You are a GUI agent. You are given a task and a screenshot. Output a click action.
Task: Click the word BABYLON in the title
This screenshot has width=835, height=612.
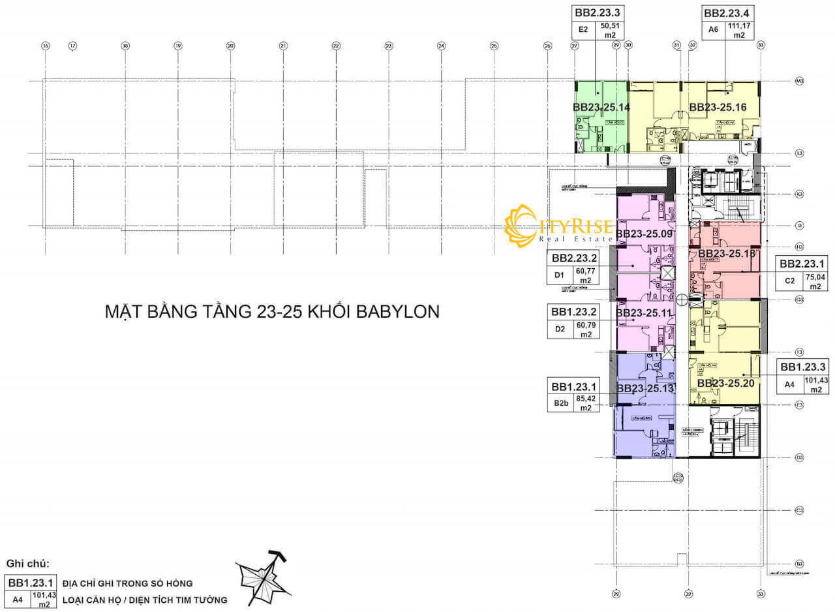(x=398, y=311)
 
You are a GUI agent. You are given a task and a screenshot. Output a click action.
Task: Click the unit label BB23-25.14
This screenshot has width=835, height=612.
(x=601, y=106)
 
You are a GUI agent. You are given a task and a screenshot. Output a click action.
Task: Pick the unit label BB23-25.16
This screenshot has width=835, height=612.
(x=718, y=106)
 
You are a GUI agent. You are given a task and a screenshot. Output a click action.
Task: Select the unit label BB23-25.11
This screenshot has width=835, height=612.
(x=644, y=313)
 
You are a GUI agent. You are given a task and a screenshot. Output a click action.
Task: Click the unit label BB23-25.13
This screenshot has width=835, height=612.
(x=645, y=388)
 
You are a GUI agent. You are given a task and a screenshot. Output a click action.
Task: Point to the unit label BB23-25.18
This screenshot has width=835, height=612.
(x=726, y=253)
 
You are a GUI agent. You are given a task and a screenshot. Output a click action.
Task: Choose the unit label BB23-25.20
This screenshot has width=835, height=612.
(x=725, y=383)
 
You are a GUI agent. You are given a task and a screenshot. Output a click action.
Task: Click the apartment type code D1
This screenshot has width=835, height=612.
(x=559, y=275)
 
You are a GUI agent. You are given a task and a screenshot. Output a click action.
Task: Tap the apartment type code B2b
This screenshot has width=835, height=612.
(x=561, y=403)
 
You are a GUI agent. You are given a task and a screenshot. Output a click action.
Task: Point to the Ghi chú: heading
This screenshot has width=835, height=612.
(x=27, y=563)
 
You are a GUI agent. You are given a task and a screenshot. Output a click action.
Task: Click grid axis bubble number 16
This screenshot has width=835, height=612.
(x=45, y=46)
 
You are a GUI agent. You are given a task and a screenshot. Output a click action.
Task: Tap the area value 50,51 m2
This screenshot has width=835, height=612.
(x=608, y=31)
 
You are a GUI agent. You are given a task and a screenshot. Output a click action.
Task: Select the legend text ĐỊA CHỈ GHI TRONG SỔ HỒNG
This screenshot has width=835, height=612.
(x=127, y=583)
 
